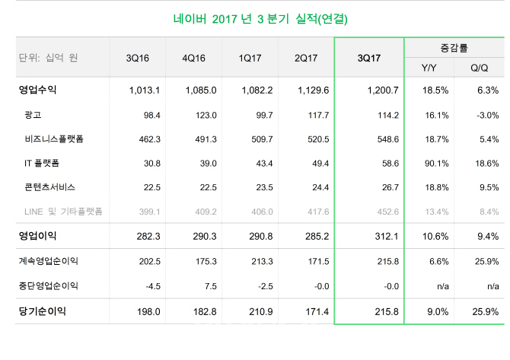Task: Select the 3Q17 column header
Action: [x=368, y=58]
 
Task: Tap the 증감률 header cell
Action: [x=454, y=47]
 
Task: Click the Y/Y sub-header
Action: [x=429, y=68]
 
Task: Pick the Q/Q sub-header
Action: [x=480, y=68]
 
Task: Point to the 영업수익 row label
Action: [x=37, y=91]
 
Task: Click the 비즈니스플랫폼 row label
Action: [x=55, y=139]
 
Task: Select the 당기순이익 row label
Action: [x=42, y=311]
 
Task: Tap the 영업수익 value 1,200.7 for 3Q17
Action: [x=384, y=91]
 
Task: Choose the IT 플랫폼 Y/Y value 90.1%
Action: [x=432, y=164]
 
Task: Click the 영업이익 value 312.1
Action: [x=387, y=237]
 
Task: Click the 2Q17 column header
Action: [x=305, y=58]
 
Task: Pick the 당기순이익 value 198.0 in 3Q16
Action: [x=149, y=311]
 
